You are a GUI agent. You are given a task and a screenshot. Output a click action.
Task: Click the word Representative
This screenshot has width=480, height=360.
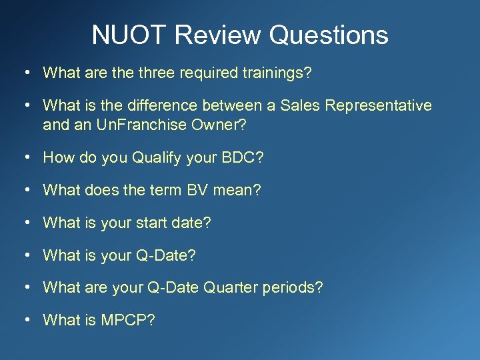(x=383, y=106)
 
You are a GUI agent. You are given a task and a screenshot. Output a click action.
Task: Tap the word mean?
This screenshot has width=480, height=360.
(x=242, y=191)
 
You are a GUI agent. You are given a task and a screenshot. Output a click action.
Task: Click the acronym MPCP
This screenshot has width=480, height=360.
(x=128, y=321)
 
